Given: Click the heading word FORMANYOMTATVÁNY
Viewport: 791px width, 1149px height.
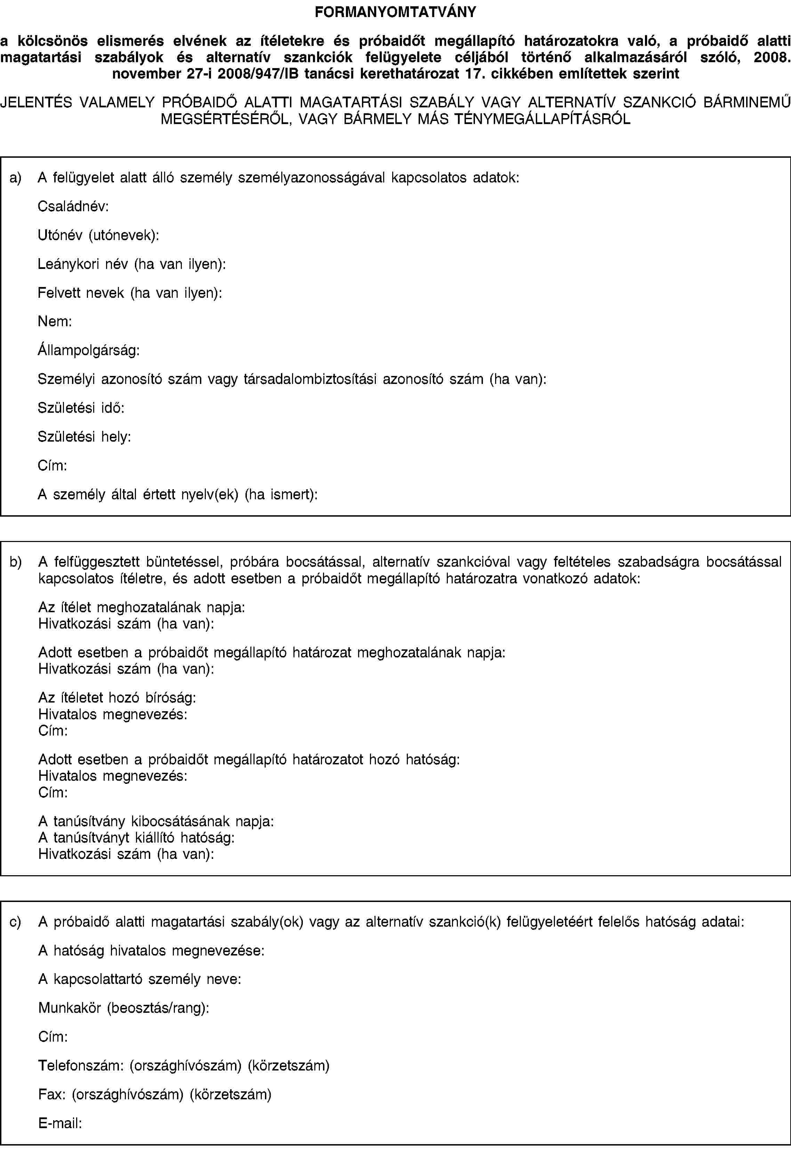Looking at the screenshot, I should coord(395,12).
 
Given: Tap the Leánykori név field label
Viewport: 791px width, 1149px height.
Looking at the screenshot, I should coord(132,264).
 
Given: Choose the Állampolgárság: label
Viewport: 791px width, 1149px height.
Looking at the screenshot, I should coord(89,350).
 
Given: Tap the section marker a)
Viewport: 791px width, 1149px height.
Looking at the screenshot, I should coord(15,178).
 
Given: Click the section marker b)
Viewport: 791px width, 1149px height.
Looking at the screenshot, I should coord(15,561).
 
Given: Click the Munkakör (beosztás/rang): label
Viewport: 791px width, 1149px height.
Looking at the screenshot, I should coord(124,1008).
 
